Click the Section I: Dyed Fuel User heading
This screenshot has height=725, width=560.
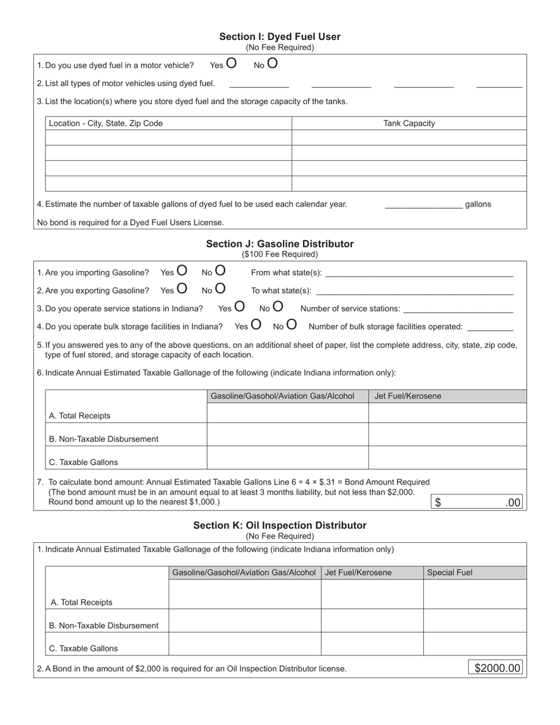tap(279, 37)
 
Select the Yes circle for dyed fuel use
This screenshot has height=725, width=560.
tap(231, 64)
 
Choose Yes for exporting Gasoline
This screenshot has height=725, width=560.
tap(182, 289)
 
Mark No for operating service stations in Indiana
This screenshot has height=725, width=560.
tap(277, 307)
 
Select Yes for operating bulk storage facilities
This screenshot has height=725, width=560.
tap(256, 325)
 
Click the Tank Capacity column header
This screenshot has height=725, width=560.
tap(409, 123)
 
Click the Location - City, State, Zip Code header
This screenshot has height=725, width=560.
tap(106, 123)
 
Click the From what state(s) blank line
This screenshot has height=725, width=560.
tap(419, 273)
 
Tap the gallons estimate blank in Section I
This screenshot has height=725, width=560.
tap(423, 205)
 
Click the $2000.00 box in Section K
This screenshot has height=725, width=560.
tap(498, 668)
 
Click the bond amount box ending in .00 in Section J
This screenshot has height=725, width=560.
tap(478, 503)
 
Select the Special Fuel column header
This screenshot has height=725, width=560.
tap(449, 572)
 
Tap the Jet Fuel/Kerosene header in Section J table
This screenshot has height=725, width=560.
tap(407, 396)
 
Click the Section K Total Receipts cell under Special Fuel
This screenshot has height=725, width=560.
tap(475, 594)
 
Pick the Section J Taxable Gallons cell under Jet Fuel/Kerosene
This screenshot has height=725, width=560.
tap(447, 457)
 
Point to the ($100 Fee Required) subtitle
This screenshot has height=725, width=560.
tap(279, 255)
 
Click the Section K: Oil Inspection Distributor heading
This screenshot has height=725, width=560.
tap(279, 525)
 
